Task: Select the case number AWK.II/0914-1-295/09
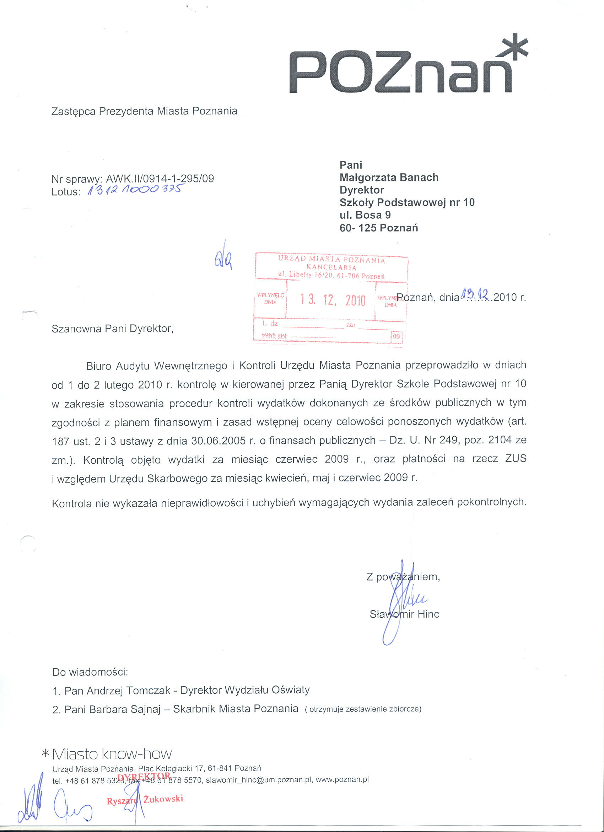pos(160,178)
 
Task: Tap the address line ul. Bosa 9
pos(365,215)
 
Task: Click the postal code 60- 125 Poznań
pos(379,228)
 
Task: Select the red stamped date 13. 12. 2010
pos(333,300)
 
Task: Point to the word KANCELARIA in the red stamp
pos(331,267)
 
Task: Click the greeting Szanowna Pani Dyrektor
pos(112,329)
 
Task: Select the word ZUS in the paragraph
pos(516,459)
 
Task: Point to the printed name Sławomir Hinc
pos(404,614)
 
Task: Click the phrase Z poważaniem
pos(403,577)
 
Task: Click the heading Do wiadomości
pos(90,672)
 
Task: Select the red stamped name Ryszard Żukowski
pos(145,800)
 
